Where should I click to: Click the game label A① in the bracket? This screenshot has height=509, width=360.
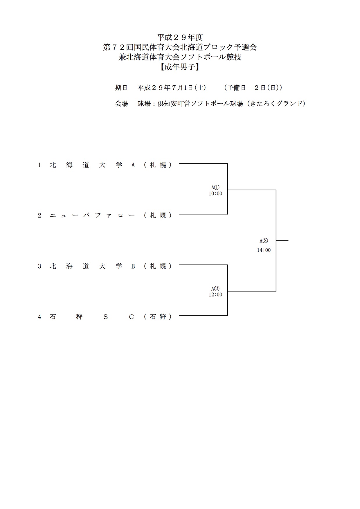coord(215,188)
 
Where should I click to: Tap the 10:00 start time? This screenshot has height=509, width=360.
coord(215,194)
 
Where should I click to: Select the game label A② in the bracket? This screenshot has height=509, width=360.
coord(215,289)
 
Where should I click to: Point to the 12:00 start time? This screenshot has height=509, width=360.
coord(215,295)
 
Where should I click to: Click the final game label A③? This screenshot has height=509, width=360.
coord(264,241)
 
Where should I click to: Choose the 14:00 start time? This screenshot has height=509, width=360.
coord(264,250)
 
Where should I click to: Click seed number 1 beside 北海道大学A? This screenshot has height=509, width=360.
coord(39,165)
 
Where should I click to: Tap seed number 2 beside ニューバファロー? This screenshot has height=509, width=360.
coord(39,215)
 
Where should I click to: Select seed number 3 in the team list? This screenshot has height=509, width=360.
coord(39,266)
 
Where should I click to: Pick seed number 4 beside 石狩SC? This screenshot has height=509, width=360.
coord(39,317)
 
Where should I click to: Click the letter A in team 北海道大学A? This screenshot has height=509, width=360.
coord(133,165)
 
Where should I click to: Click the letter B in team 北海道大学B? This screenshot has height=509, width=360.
coord(133,266)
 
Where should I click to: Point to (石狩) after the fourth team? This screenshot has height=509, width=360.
coord(158,317)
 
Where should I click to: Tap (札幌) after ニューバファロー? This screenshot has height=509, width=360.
coord(158,215)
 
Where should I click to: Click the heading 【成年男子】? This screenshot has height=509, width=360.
coord(180,67)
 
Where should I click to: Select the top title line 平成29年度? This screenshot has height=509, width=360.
coord(180,37)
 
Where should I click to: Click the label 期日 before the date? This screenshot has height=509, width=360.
coord(121,88)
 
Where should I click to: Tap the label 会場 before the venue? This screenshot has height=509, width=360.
coord(121,104)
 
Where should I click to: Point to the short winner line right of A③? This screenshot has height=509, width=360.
coord(282,240)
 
